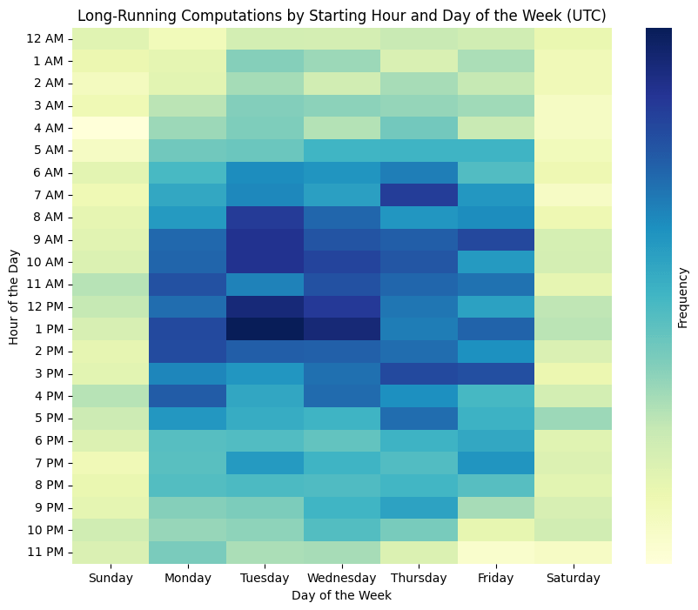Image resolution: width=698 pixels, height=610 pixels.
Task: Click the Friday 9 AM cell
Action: tap(495, 239)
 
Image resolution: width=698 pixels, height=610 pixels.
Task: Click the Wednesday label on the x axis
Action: tap(341, 578)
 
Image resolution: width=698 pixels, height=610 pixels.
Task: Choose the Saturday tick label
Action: tap(573, 578)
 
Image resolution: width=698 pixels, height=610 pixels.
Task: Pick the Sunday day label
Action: tap(111, 578)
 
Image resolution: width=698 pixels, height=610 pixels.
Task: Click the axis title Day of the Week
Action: tap(341, 595)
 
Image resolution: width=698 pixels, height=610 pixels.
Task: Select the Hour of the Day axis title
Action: tap(15, 295)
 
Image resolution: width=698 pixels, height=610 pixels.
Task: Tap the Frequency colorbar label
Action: tap(683, 295)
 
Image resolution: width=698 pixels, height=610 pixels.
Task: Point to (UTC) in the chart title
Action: tap(587, 16)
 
